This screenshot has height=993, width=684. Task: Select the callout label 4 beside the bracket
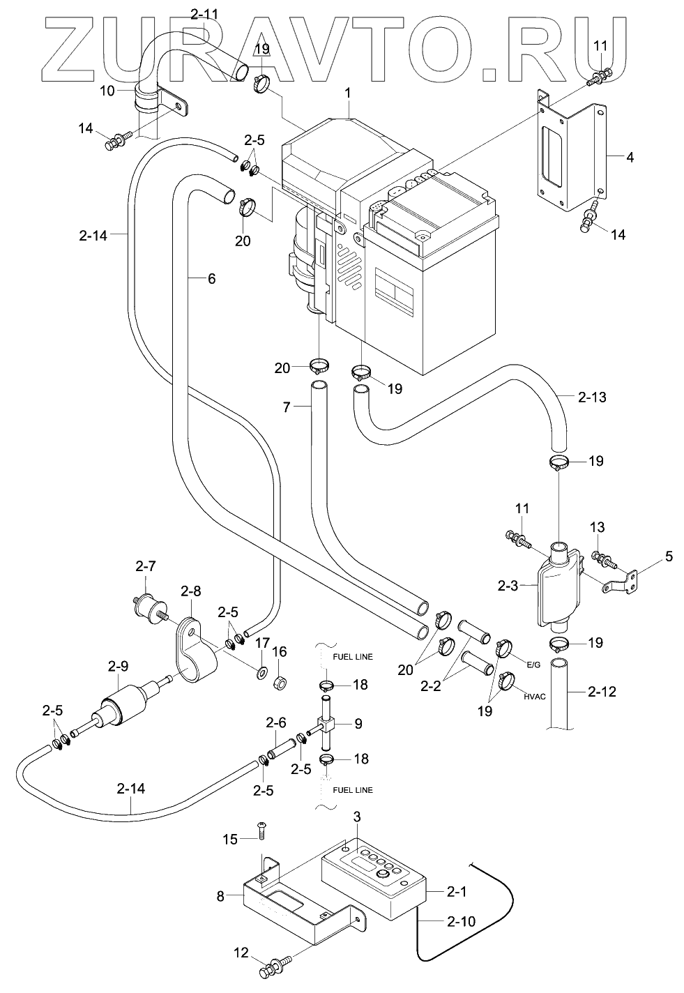[630, 158]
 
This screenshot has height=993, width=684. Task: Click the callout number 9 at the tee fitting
[358, 724]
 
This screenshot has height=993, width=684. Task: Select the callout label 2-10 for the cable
[461, 921]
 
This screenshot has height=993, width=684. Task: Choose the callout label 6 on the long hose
[211, 279]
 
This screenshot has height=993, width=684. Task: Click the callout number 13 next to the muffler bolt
[598, 527]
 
